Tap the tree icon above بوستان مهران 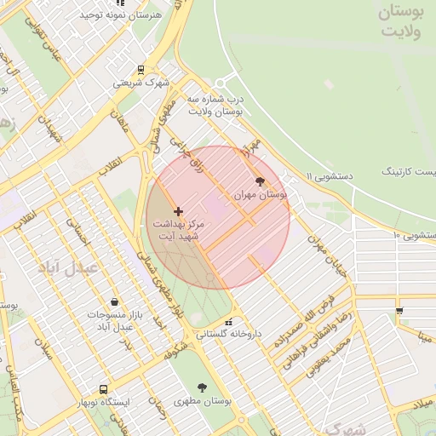[x=260, y=181]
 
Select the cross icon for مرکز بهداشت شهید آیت [x=178, y=210]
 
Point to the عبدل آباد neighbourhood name [x=69, y=267]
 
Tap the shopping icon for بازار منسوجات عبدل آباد [x=114, y=301]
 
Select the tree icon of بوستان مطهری [x=202, y=387]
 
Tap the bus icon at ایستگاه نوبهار [x=103, y=389]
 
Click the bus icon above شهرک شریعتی [x=141, y=70]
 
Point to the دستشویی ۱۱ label [x=321, y=176]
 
